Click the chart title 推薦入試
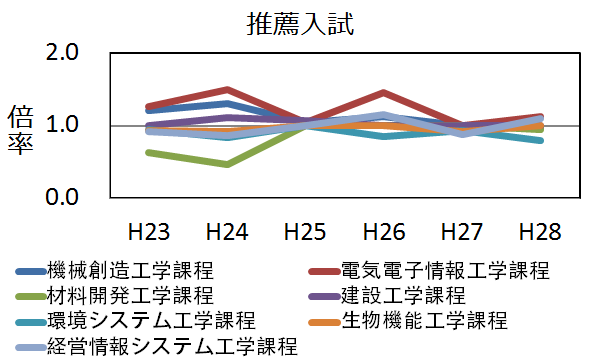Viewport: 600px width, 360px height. (299, 25)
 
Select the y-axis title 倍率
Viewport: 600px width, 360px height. (21, 128)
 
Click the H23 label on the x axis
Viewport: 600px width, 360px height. (149, 232)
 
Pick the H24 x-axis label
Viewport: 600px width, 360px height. (227, 232)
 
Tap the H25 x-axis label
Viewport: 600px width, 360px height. (304, 232)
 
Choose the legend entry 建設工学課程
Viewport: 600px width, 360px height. (404, 296)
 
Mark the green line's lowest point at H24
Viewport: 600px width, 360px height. (227, 164)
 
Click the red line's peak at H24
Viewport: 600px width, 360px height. (227, 90)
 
